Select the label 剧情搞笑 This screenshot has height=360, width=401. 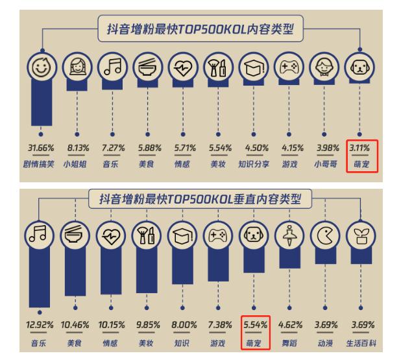coord(42,163)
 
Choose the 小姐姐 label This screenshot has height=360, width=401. coord(78,163)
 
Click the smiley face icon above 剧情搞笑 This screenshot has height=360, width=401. coord(42,67)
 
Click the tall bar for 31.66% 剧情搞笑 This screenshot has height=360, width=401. coord(42,104)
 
